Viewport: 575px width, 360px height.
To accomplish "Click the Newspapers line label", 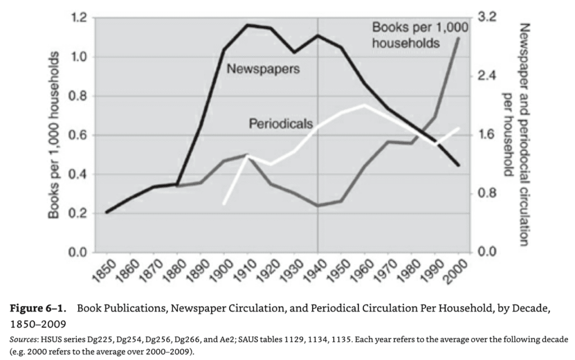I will click(x=262, y=69).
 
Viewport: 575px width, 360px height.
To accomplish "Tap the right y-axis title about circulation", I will click(x=517, y=135).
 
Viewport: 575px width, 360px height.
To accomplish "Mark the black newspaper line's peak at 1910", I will click(x=247, y=25).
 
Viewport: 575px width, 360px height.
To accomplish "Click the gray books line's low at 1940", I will click(x=318, y=206).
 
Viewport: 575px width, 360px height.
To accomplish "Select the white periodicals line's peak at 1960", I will click(x=365, y=105).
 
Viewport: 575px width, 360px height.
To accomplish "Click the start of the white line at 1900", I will click(x=224, y=204).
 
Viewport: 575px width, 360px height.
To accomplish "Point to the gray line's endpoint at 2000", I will click(x=459, y=38).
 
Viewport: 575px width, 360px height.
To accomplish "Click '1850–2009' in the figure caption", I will click(x=34, y=324).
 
